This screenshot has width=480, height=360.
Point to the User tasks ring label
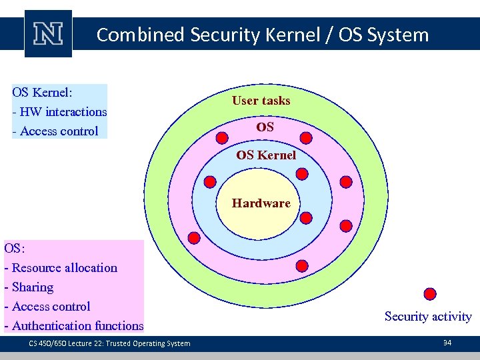tap(261, 101)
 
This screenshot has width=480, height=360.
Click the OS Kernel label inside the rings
tap(266, 155)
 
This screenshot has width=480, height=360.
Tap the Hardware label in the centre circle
tap(261, 203)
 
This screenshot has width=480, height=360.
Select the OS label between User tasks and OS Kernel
tap(265, 127)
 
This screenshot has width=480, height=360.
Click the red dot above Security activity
tap(430, 293)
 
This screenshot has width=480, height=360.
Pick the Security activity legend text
tap(428, 317)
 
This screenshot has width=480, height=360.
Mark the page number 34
tap(447, 343)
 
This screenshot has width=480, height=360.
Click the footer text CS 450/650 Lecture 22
tap(109, 343)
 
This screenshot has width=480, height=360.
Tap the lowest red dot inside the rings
tap(301, 265)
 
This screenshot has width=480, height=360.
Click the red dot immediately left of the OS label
tap(223, 138)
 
